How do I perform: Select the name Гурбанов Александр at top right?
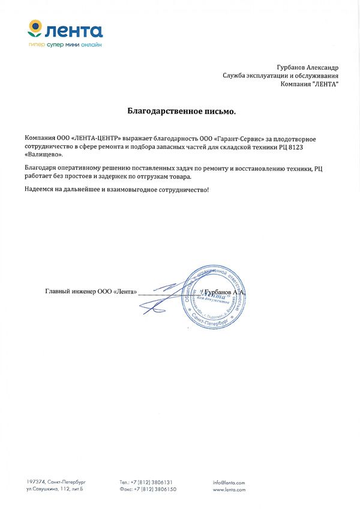click(308, 68)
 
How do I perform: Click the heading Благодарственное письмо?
click(182, 111)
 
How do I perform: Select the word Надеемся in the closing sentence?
click(40, 190)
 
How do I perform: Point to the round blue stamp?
click(214, 296)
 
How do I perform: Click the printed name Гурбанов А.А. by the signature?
click(224, 292)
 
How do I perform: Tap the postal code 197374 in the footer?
click(36, 482)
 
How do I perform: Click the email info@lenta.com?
click(229, 482)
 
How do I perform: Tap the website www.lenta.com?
click(229, 490)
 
